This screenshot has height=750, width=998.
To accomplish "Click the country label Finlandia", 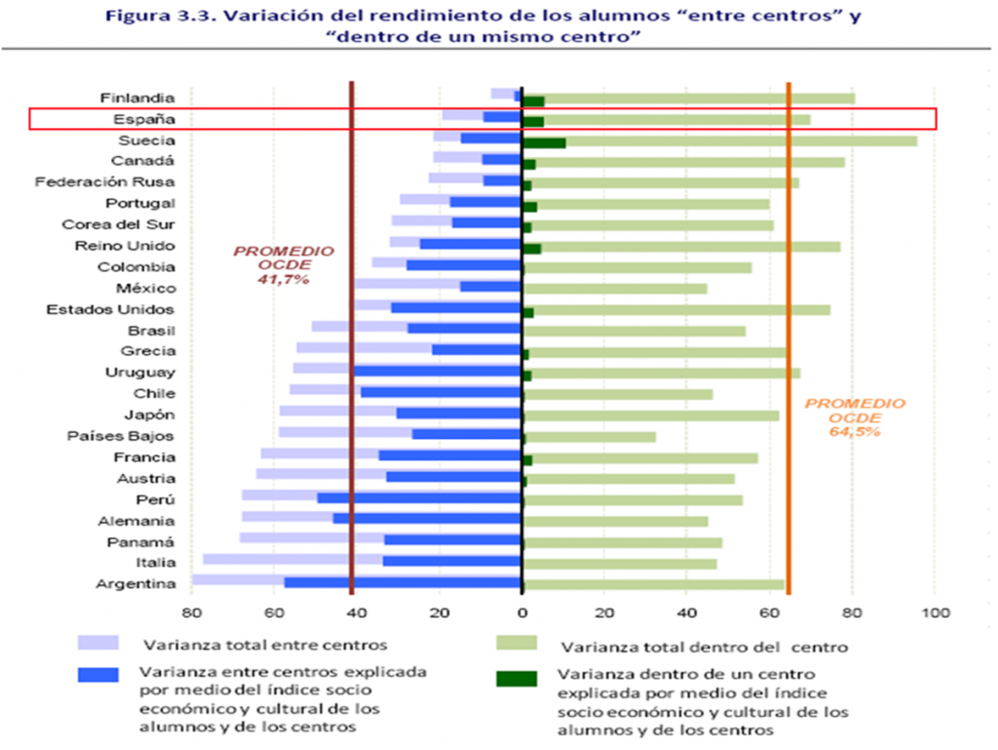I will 137,98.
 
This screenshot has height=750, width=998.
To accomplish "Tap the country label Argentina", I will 135,584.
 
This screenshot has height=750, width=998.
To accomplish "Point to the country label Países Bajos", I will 121,436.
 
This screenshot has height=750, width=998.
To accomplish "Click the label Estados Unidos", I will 110,309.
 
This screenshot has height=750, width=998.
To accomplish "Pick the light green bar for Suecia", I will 741,140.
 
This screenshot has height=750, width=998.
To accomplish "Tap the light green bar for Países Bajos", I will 590,436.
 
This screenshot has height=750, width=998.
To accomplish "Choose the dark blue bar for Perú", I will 419,498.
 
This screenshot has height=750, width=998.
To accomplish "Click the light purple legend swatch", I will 98,644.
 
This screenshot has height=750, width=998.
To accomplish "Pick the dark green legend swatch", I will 517,675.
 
